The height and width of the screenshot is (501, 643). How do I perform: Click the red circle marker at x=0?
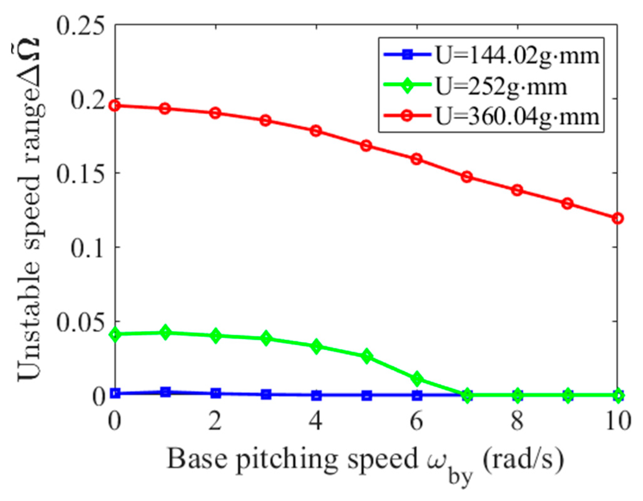coord(115,106)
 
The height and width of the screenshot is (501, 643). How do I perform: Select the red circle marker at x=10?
coord(617,218)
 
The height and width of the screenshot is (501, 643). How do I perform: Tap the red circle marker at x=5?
coord(366,146)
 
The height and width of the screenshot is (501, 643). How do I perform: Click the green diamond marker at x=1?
coord(165,332)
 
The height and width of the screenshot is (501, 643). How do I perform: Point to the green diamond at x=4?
coord(316,346)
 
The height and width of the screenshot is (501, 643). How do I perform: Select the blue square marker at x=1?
coord(165,392)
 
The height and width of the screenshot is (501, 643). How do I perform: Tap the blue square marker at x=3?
coord(266,394)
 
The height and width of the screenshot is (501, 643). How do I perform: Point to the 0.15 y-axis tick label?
coord(80,173)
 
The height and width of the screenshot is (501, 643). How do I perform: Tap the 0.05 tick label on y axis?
coord(80,321)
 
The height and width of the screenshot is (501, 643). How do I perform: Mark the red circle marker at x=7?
coord(467,177)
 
